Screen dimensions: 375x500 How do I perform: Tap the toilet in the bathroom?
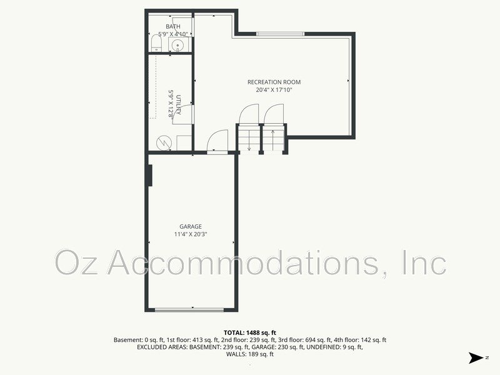tap(156, 42)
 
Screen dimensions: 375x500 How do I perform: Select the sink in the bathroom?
tap(177, 44)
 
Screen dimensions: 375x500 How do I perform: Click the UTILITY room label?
tap(178, 104)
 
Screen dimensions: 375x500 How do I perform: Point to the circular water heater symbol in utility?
tap(162, 142)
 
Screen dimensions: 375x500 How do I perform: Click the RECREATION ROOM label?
tap(274, 82)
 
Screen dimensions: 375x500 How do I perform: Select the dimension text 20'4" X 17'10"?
tap(274, 90)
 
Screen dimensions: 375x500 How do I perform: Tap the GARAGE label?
tap(191, 226)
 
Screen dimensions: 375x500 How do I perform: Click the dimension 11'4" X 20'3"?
tap(191, 234)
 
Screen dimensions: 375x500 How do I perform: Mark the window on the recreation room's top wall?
tap(280, 33)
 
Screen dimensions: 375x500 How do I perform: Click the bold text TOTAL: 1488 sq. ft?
tap(249, 332)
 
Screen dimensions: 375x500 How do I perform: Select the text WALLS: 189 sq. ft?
tap(249, 354)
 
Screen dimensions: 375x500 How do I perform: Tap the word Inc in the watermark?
tap(425, 262)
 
